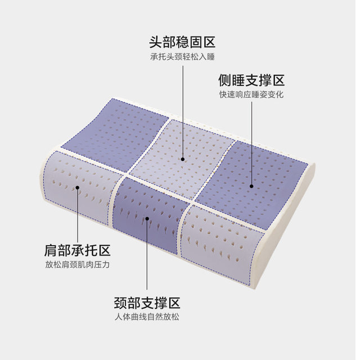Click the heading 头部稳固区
click(182, 42)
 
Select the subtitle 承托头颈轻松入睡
click(182, 57)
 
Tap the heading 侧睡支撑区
click(251, 80)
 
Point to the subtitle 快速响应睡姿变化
click(251, 94)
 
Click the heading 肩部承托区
click(78, 250)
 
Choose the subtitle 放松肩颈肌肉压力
click(78, 265)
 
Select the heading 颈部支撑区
click(147, 303)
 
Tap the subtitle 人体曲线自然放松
click(147, 317)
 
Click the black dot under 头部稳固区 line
click(183, 159)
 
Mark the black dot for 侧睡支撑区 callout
click(251, 186)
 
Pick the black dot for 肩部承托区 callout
click(78, 187)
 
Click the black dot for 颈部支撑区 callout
click(147, 219)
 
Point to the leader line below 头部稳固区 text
click(183, 111)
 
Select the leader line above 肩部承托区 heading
click(78, 216)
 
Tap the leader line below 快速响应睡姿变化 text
click(251, 143)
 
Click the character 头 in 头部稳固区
click(156, 42)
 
